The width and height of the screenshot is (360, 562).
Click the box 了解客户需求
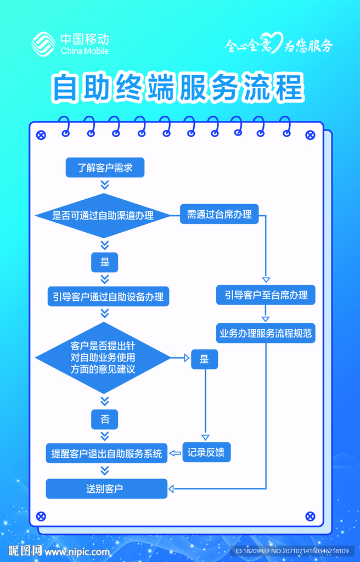click(x=105, y=168)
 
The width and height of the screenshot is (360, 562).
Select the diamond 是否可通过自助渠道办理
click(x=103, y=216)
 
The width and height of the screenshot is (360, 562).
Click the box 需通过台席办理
click(x=220, y=214)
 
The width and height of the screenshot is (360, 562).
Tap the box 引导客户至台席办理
click(x=266, y=295)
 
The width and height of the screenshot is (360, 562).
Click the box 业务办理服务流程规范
click(x=266, y=333)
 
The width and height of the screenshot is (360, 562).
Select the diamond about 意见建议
click(x=103, y=358)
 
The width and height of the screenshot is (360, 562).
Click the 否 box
click(x=105, y=420)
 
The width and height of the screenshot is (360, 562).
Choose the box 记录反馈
click(x=206, y=453)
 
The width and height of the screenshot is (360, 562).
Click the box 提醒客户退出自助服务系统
click(x=106, y=454)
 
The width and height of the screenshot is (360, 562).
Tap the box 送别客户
click(x=106, y=488)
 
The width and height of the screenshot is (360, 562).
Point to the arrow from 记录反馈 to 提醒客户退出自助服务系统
click(x=175, y=453)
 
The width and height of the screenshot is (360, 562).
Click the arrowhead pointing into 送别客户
click(x=171, y=488)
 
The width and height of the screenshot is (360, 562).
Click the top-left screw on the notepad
click(x=41, y=134)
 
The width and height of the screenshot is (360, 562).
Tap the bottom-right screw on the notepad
click(x=310, y=516)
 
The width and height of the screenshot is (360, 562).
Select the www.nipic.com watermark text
click(x=77, y=551)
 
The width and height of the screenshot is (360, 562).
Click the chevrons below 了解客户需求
click(x=105, y=184)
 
